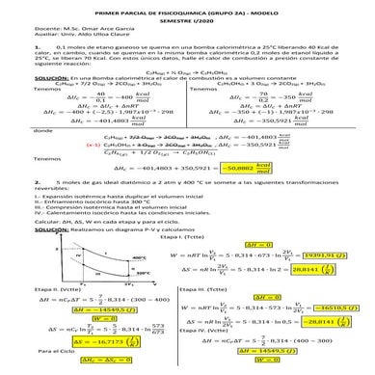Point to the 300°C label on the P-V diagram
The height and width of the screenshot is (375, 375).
click(x=142, y=301)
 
